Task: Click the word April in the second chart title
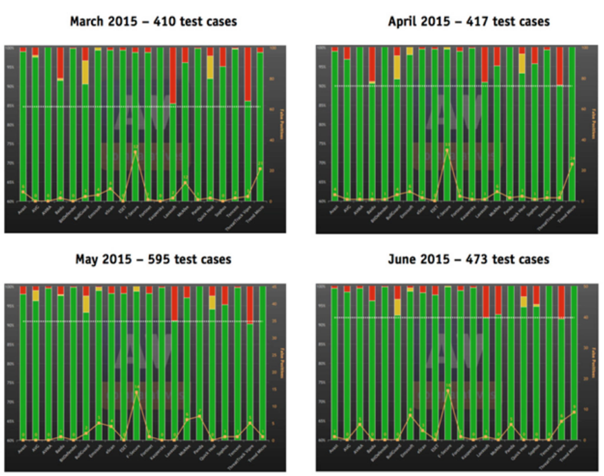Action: tap(405, 22)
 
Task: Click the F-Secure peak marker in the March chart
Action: tap(136, 152)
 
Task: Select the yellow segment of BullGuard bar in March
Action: tap(86, 72)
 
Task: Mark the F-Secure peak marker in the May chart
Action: tap(136, 392)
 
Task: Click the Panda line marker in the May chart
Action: tap(199, 416)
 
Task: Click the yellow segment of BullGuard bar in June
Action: tap(398, 307)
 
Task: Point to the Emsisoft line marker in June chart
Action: tap(410, 415)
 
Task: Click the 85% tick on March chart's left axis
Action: tap(11, 107)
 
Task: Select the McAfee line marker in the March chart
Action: tap(185, 183)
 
